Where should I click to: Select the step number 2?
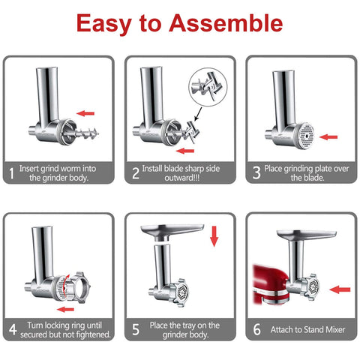click(x=136, y=173)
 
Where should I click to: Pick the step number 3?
click(x=256, y=173)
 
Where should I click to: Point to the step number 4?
click(x=13, y=328)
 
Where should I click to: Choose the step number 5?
click(x=136, y=328)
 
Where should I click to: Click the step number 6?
click(x=256, y=328)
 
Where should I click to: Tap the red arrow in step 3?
click(x=328, y=137)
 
